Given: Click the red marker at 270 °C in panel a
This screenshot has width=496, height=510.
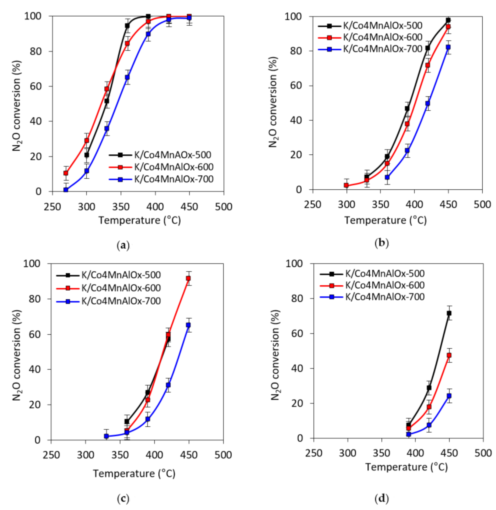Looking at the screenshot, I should pos(66,173).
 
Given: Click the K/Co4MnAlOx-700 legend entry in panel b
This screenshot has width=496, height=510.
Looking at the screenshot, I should pos(382,49).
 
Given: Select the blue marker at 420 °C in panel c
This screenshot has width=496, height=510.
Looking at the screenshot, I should pos(168,385).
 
